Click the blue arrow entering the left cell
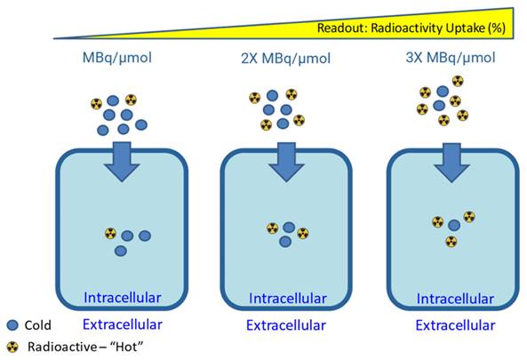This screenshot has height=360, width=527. click(118, 158)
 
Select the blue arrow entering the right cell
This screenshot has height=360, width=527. click(453, 158)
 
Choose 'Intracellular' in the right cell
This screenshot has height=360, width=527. click(455, 296)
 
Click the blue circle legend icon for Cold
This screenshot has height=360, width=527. click(12, 325)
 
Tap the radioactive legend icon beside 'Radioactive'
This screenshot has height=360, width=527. click(12, 347)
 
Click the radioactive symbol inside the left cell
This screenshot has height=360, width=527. click(110, 234)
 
